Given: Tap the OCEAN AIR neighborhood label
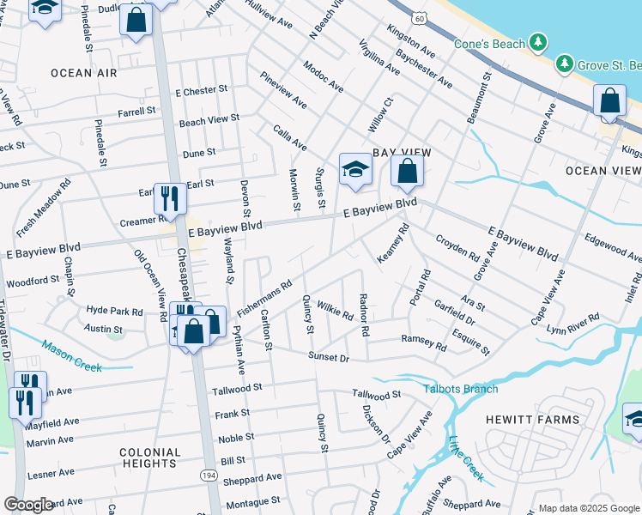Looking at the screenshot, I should pos(83,73).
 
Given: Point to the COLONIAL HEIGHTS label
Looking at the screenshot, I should pos(149,457).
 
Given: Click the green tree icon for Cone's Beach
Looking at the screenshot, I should pos(537,42).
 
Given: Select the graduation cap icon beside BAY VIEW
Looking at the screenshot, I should pos(354,169).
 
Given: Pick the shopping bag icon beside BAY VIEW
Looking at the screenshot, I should pos(408,171).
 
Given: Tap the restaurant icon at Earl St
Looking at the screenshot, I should pos(170,198).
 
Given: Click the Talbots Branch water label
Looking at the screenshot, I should pos(460,389).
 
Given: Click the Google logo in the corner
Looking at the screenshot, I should pos(28,505).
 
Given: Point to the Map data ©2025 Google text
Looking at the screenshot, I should pos(589,508).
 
